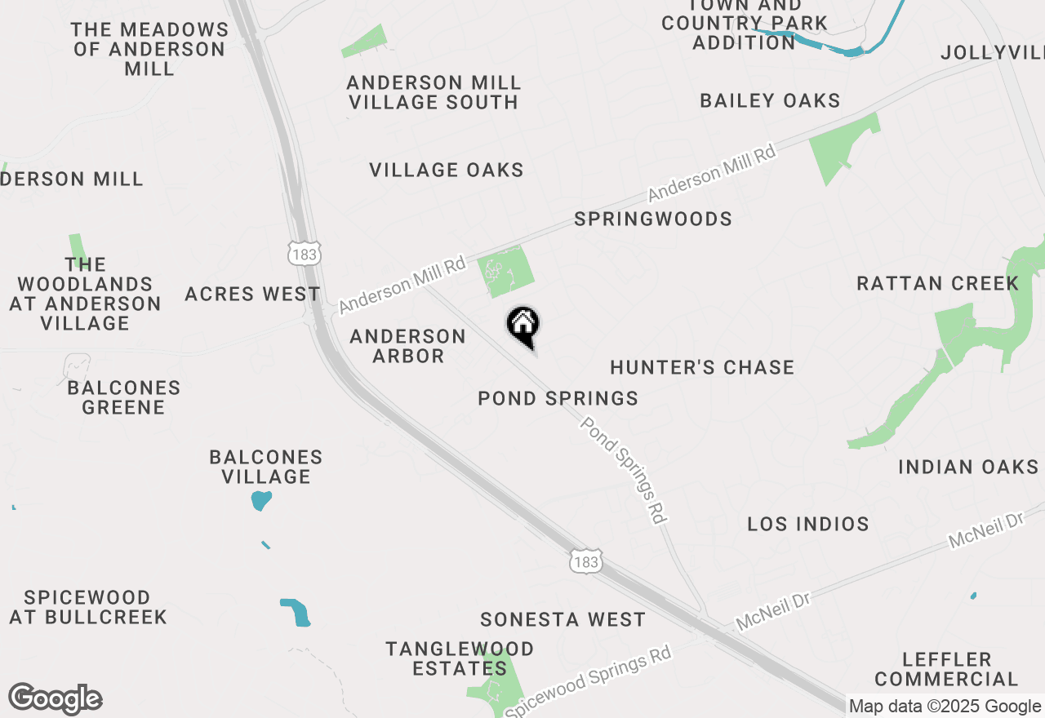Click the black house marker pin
tap(523, 326)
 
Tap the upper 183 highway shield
tap(304, 255)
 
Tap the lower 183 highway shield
tap(586, 561)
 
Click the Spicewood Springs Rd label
tap(588, 682)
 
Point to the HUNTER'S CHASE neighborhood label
tap(702, 368)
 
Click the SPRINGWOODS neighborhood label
tap(653, 219)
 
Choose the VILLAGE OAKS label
tap(447, 171)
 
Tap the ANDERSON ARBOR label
tap(408, 346)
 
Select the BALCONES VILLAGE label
tap(266, 467)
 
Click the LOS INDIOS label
tap(808, 524)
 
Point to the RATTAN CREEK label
tap(937, 284)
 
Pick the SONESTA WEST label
tap(563, 620)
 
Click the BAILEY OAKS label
tap(770, 101)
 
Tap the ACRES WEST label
tap(252, 295)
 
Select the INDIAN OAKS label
tap(968, 468)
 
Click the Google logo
tap(56, 699)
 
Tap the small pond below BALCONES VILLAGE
tap(260, 499)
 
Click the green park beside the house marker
tap(505, 272)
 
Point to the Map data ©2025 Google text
tap(945, 707)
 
